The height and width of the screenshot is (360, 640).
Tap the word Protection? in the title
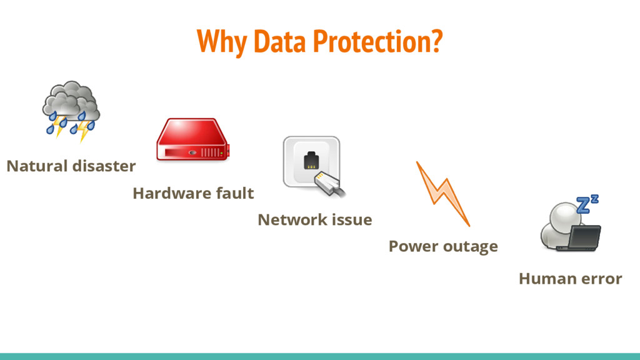pos(377,41)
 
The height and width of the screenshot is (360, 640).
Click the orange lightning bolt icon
pos(442,193)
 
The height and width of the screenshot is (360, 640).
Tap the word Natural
pos(37,166)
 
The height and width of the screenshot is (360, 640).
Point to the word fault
pos(234,194)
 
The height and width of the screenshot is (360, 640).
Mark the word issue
pos(353,220)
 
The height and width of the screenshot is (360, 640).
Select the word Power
pos(409,246)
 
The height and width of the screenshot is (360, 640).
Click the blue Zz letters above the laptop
pos(587,204)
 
